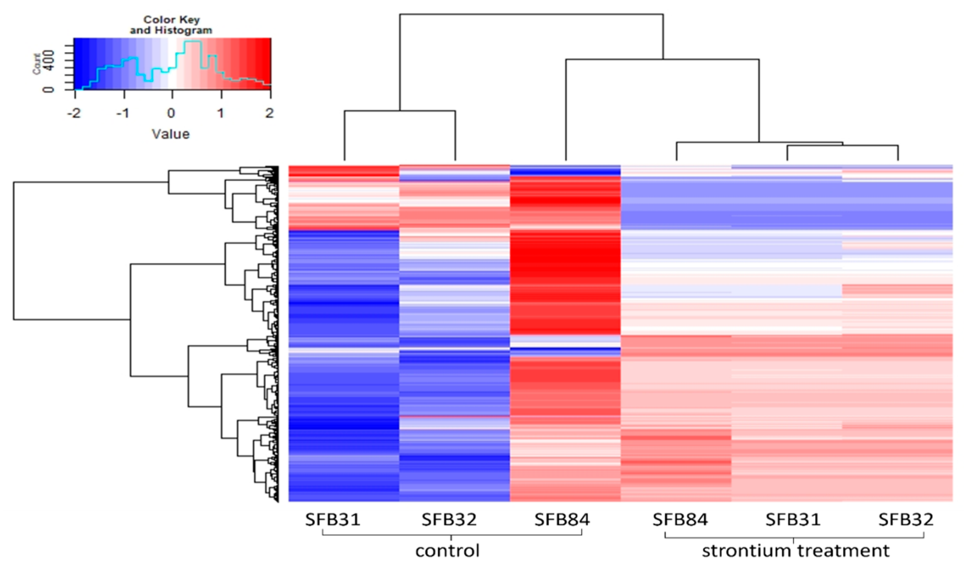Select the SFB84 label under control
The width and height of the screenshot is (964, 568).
click(x=562, y=520)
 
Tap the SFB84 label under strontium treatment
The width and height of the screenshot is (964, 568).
click(x=680, y=520)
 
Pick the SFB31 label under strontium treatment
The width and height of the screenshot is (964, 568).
click(x=793, y=520)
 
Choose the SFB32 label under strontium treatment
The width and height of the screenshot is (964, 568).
click(x=906, y=520)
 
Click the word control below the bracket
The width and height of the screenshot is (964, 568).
click(x=447, y=551)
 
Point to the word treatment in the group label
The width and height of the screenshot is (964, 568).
click(x=845, y=551)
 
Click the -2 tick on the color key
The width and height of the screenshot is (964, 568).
click(x=74, y=113)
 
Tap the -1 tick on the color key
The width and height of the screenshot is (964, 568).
click(x=123, y=113)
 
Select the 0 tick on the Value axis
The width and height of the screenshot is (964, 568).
click(x=171, y=113)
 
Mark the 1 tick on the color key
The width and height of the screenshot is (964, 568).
click(x=221, y=113)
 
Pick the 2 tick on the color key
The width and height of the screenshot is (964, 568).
click(x=270, y=113)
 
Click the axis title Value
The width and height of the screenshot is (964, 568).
click(x=171, y=134)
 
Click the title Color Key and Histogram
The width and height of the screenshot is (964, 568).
click(x=171, y=25)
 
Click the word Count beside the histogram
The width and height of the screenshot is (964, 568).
click(x=37, y=64)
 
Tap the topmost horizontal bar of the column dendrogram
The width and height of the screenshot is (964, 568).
click(x=531, y=14)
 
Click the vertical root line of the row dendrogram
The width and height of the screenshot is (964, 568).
click(x=14, y=251)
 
